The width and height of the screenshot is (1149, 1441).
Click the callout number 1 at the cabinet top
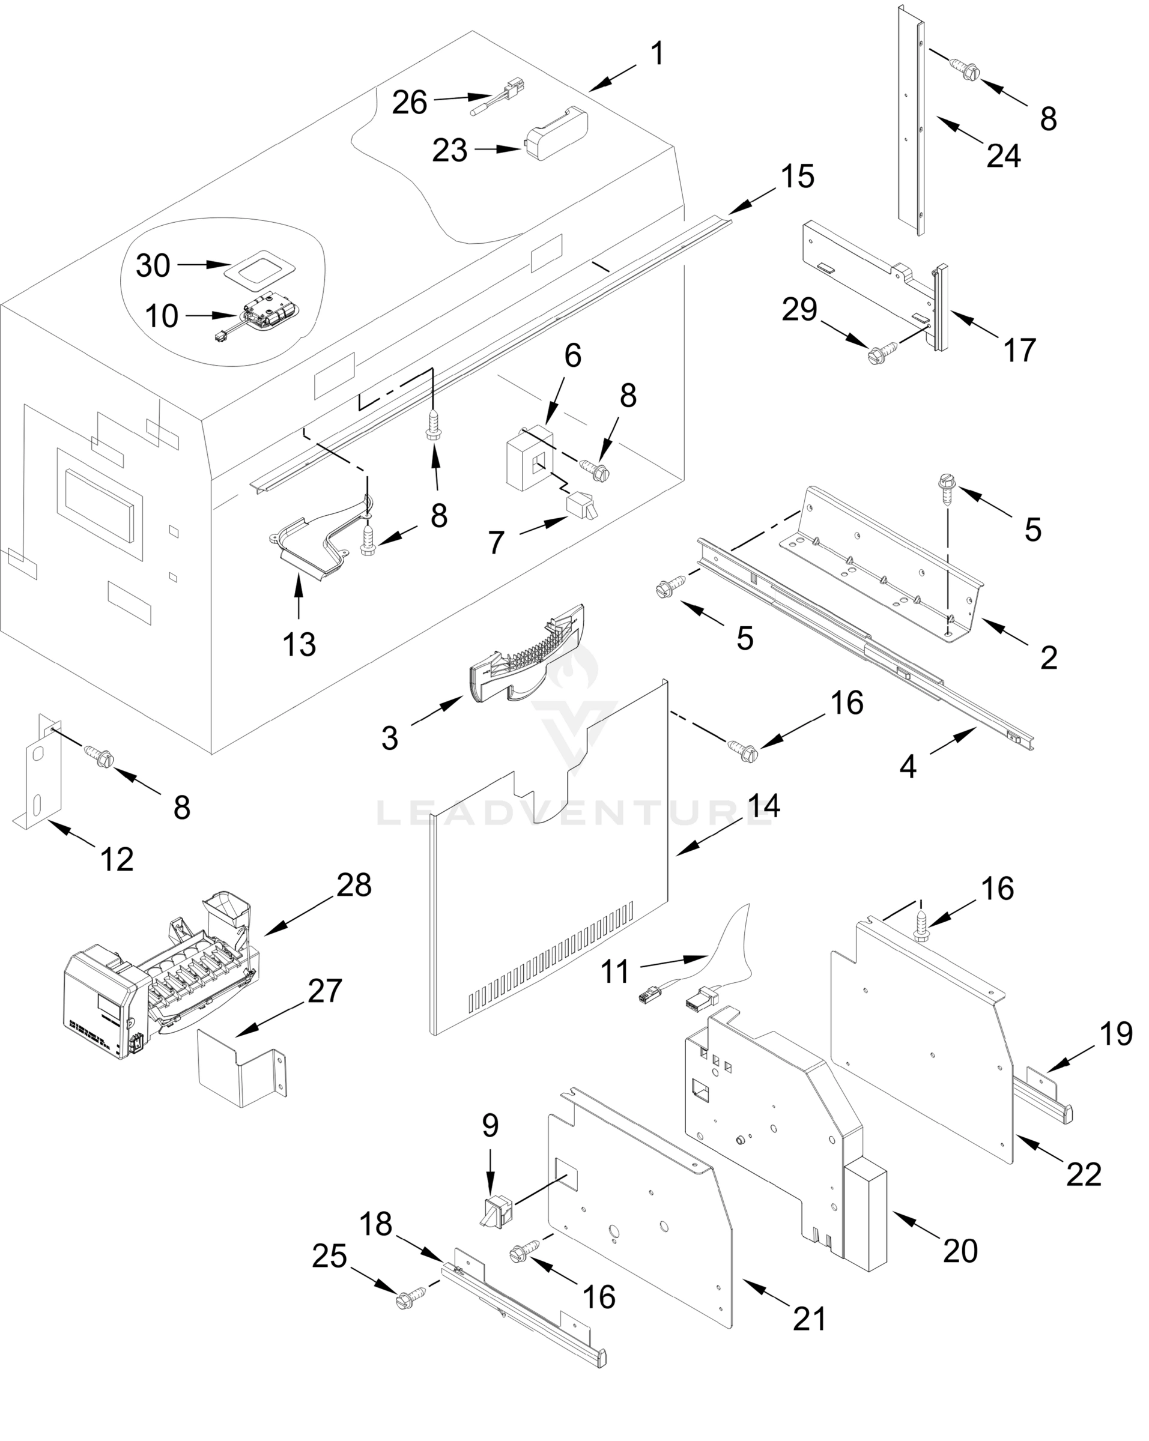tap(658, 53)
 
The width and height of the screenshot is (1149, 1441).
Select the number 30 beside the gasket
tap(153, 266)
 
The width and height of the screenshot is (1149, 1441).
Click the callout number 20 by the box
tap(960, 1250)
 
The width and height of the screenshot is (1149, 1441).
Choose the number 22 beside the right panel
tap(1084, 1174)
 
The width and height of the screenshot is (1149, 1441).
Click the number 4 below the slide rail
tap(908, 767)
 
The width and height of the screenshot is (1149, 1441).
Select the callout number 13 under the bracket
tap(299, 645)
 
